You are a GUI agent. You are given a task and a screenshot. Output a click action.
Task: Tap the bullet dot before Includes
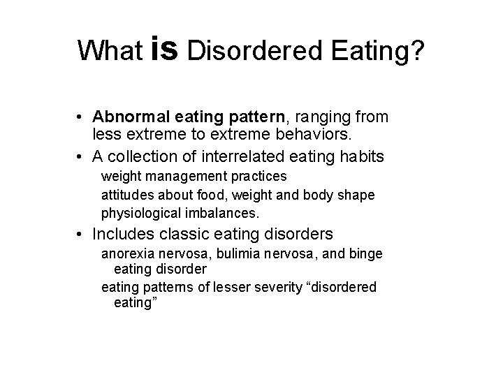83,234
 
